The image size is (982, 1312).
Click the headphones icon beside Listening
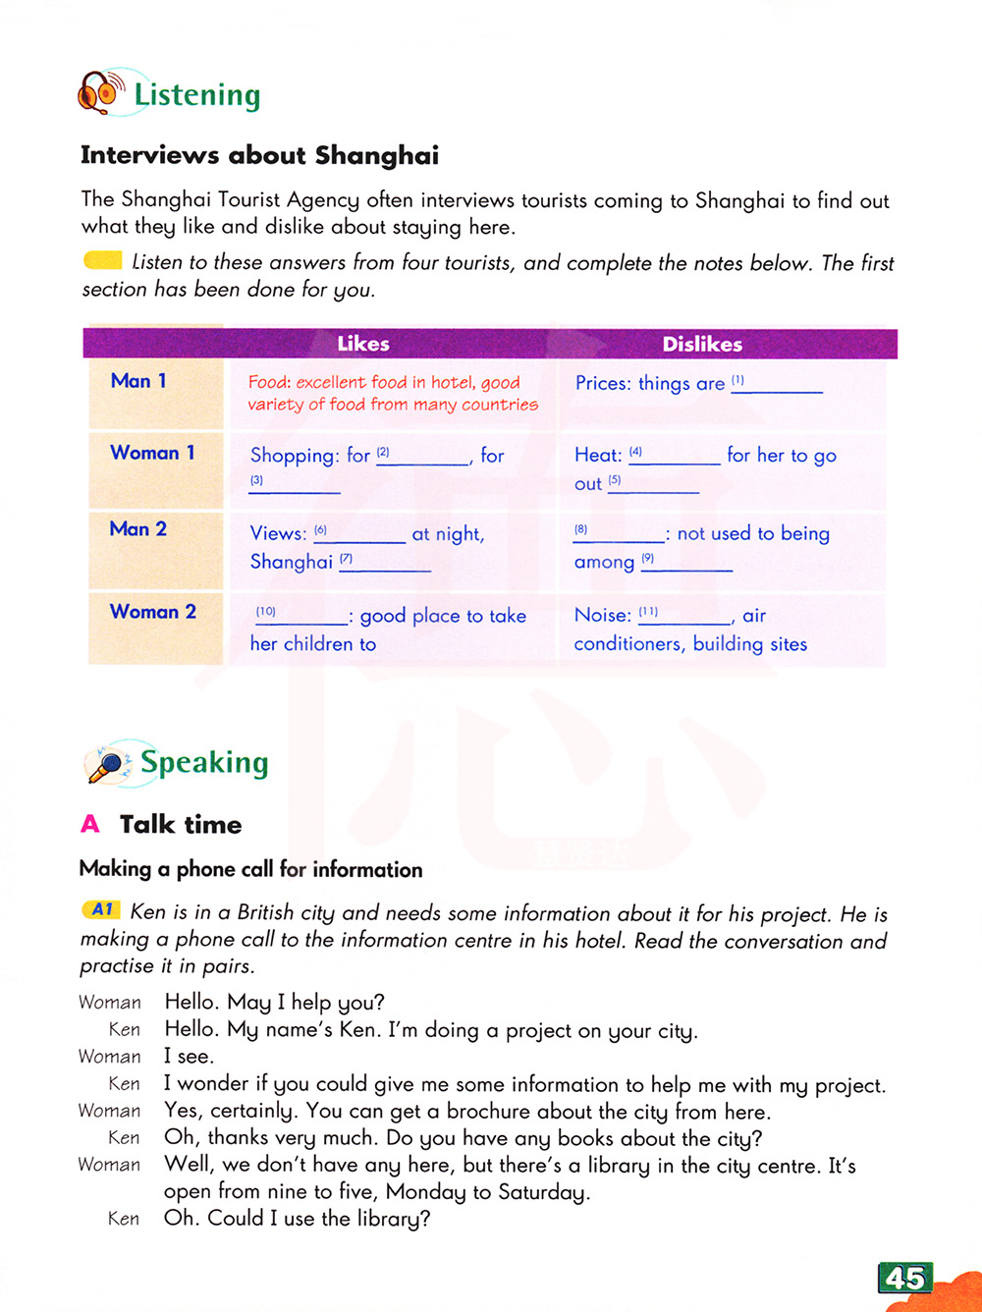[100, 92]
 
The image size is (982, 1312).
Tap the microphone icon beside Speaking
[109, 763]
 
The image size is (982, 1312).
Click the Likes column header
[362, 344]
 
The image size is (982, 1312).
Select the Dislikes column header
[702, 344]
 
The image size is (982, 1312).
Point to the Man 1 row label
[138, 381]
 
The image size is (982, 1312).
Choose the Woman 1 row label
[152, 453]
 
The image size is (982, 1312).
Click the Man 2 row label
[138, 529]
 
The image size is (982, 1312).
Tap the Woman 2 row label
[153, 612]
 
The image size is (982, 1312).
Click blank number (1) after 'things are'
[777, 386]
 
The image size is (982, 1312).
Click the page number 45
[904, 1278]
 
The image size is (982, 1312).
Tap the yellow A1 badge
[101, 910]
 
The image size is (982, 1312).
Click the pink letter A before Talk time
[90, 824]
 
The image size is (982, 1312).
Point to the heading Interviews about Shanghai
[259, 155]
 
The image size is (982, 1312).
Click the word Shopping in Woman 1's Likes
[293, 456]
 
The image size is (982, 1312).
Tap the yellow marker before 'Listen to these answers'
[102, 261]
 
